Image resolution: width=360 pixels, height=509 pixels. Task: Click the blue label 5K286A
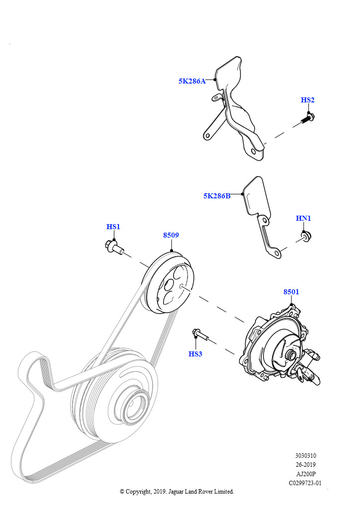click(192, 81)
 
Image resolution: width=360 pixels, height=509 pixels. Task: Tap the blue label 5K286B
click(217, 196)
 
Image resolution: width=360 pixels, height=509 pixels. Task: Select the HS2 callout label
click(307, 100)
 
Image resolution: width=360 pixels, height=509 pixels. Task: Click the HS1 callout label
click(113, 227)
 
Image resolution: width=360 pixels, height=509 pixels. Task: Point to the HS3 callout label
click(195, 354)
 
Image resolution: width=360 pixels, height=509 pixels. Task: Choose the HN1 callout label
click(303, 218)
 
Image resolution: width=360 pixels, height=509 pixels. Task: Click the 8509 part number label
click(171, 235)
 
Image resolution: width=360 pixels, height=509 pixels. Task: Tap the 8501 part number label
click(291, 292)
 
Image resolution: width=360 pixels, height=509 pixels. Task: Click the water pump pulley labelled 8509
click(168, 283)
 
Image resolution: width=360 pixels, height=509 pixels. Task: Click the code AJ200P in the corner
click(306, 474)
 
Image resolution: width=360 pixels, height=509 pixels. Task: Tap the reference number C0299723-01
click(305, 483)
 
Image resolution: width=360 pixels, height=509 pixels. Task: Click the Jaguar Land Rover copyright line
click(177, 492)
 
